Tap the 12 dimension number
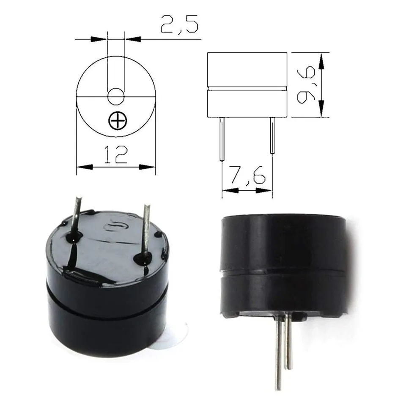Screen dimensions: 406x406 [x=115, y=155]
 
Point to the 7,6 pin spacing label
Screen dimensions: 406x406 [x=247, y=174]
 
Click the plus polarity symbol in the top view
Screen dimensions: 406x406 [x=117, y=122]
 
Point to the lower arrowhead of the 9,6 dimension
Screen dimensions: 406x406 [x=323, y=110]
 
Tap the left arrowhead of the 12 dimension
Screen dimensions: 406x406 [x=84, y=167]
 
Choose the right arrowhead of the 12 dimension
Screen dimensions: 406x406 [x=148, y=167]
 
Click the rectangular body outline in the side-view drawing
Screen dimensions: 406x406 [x=247, y=85]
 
